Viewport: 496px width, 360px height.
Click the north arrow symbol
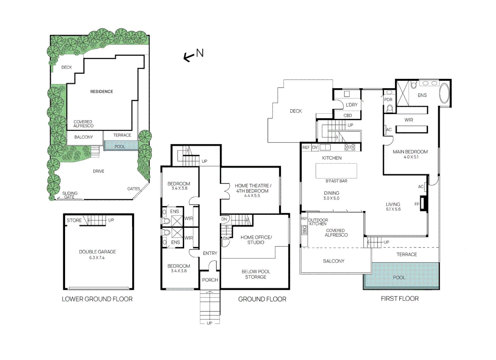click(189, 57)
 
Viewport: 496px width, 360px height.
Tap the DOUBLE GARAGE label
click(97, 252)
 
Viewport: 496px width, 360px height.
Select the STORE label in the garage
click(74, 220)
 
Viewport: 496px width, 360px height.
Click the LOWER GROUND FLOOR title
click(97, 299)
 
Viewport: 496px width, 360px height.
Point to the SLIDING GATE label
click(70, 195)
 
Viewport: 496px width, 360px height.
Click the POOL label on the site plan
click(120, 146)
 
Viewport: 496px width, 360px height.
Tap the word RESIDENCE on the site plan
click(101, 91)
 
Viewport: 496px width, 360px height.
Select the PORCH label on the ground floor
click(210, 280)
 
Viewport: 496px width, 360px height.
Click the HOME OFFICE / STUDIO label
click(256, 240)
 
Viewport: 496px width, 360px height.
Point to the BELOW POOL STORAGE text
click(256, 274)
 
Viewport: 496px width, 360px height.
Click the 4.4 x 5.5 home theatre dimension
click(252, 196)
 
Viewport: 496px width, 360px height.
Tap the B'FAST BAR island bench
click(336, 171)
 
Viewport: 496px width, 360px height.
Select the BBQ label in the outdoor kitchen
click(304, 230)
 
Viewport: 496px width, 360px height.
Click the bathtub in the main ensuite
click(444, 93)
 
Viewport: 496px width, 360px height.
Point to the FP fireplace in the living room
click(423, 204)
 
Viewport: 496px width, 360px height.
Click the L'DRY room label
click(352, 105)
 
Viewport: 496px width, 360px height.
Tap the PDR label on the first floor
click(388, 99)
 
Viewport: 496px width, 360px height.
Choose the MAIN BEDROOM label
click(410, 152)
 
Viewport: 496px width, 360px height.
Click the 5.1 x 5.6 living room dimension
click(393, 209)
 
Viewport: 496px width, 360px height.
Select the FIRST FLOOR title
click(400, 299)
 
